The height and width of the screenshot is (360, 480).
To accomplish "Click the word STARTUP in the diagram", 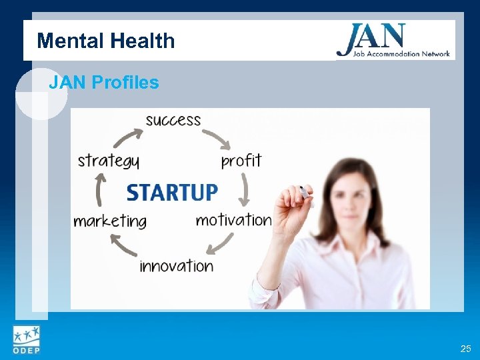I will [172, 192].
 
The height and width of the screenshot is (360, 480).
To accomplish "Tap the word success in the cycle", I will [173, 120].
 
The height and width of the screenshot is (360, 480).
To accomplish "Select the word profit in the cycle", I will [241, 161].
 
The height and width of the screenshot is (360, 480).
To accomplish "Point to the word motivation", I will [233, 219].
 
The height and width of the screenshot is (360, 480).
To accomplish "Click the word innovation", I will [177, 265].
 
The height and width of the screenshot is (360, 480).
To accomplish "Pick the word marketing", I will [110, 221].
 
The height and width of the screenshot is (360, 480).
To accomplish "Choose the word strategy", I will [109, 161].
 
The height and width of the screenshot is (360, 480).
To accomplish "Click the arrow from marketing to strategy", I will [101, 190].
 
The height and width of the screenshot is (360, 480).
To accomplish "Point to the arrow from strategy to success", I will [127, 137].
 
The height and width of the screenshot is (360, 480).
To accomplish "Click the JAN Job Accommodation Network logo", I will [393, 41].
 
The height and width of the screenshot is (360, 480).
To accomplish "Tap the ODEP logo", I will [26, 339].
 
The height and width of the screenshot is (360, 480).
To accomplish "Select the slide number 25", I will [465, 349].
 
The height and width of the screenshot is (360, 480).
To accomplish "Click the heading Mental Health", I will [106, 41].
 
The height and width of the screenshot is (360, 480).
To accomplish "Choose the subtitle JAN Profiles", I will [104, 83].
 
